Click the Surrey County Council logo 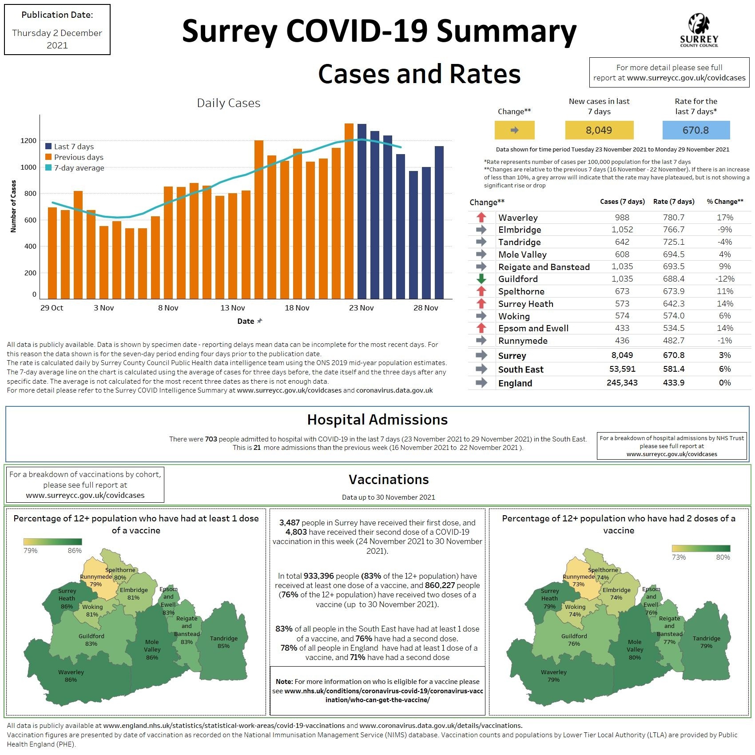(x=699, y=30)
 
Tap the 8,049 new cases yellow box (x=599, y=130)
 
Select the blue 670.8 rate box (x=695, y=130)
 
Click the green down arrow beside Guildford (x=481, y=279)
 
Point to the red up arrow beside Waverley (x=481, y=218)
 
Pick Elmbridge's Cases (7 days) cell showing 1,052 (x=622, y=230)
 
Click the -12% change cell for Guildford (x=724, y=279)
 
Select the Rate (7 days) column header (x=673, y=202)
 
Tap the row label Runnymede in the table (x=523, y=341)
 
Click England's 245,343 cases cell (x=622, y=383)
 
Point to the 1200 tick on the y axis (x=28, y=141)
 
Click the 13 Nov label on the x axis (x=232, y=308)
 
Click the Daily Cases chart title (x=228, y=103)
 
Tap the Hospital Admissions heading (x=377, y=420)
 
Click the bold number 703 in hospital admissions (x=211, y=439)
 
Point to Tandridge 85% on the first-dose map (x=223, y=642)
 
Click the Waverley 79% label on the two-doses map (x=553, y=676)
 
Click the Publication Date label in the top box (x=57, y=15)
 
